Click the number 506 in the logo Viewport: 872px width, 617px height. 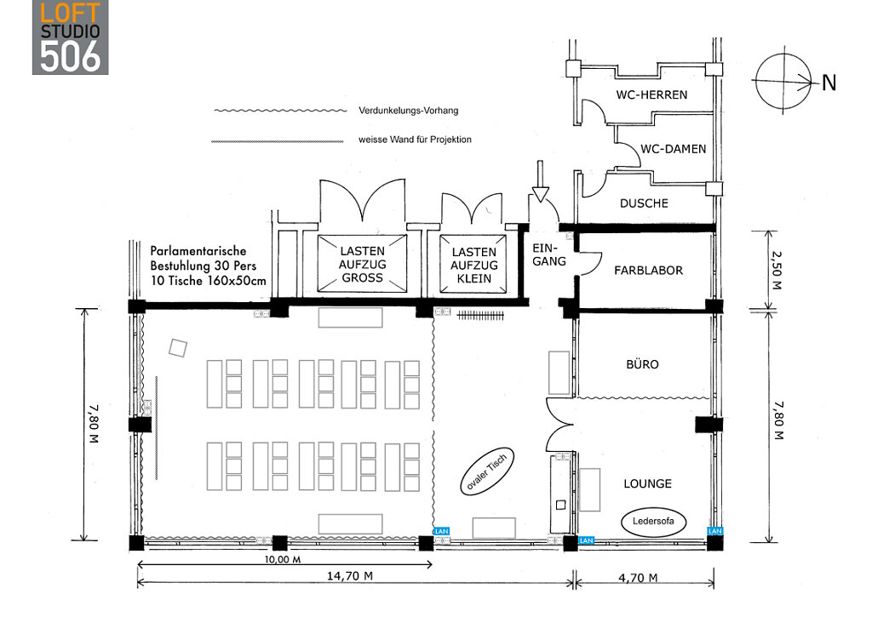pyautogui.click(x=71, y=55)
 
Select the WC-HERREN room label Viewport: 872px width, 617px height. pyautogui.click(x=651, y=94)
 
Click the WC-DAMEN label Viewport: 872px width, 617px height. pyautogui.click(x=673, y=148)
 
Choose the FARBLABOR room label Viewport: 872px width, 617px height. pyautogui.click(x=649, y=271)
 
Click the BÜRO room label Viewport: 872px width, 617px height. pyautogui.click(x=642, y=364)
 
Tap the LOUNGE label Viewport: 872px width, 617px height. pyautogui.click(x=647, y=483)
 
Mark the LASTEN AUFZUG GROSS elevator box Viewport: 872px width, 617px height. pyautogui.click(x=362, y=264)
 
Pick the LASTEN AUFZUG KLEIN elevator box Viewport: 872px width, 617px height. pyautogui.click(x=473, y=265)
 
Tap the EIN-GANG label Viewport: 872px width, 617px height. pyautogui.click(x=548, y=254)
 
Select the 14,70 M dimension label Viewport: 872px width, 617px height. pyautogui.click(x=351, y=576)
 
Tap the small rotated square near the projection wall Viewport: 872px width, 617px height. pyautogui.click(x=178, y=347)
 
